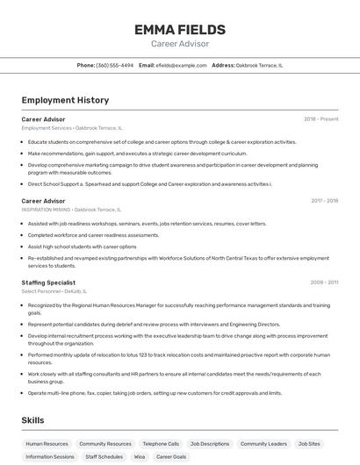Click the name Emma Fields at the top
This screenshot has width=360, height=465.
point(179,30)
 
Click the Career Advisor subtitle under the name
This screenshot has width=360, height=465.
point(179,44)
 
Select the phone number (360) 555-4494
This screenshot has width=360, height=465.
point(115,65)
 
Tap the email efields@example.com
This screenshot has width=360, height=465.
point(176,65)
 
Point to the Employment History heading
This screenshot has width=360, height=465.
point(65,100)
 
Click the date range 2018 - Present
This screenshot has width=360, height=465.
point(320,118)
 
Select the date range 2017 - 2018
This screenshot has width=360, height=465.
point(324,201)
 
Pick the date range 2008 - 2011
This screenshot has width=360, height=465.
point(324,283)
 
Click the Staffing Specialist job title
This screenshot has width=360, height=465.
point(48,283)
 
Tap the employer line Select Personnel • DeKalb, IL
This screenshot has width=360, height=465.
point(54,291)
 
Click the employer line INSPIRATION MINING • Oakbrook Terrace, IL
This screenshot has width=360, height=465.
point(71,210)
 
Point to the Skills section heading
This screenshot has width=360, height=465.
point(32,420)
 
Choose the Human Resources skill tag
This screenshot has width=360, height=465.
point(47,444)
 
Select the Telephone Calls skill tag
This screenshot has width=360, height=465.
point(161,444)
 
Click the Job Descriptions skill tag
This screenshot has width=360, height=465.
point(210,444)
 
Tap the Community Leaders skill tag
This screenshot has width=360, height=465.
point(263,444)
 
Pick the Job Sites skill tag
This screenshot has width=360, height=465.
point(309,444)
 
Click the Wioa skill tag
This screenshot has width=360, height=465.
point(140,457)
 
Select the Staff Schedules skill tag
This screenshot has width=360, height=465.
point(104,457)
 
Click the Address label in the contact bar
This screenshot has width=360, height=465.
point(223,65)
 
